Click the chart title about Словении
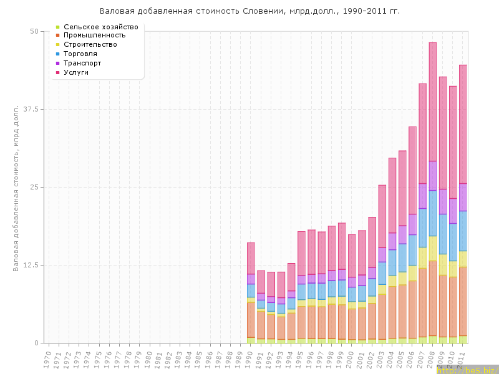tap(249, 11)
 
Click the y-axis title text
tap(17, 188)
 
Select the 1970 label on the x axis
tap(48, 359)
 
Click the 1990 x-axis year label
tap(250, 359)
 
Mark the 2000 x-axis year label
tap(351, 359)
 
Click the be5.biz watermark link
tap(468, 369)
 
